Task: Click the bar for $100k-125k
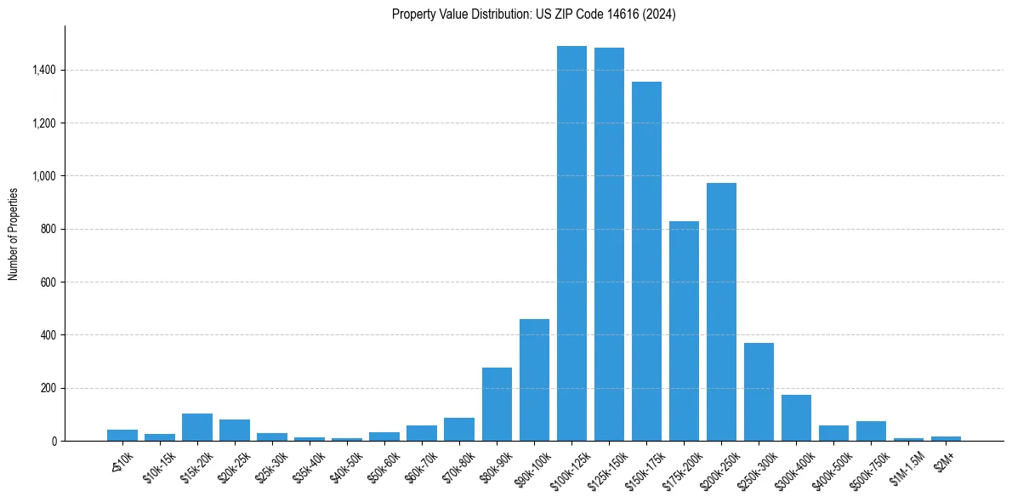(x=571, y=243)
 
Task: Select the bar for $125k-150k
(x=609, y=244)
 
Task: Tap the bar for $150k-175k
(x=646, y=261)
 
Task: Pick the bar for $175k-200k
(x=684, y=331)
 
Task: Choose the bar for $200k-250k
(x=721, y=311)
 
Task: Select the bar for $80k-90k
(x=497, y=404)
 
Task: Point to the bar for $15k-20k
(x=197, y=427)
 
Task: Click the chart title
(x=534, y=14)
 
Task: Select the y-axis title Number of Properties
(x=14, y=233)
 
